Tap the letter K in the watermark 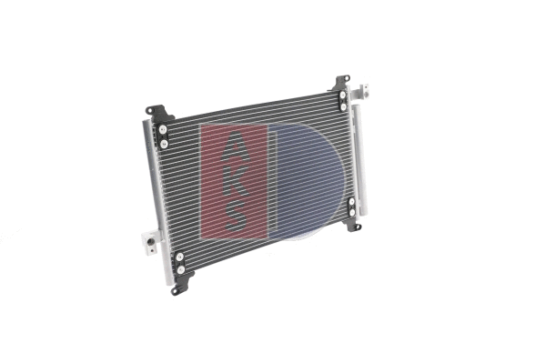(x=235, y=178)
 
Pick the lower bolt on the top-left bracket (x=165, y=142)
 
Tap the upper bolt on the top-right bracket (x=342, y=95)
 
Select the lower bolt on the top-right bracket (x=343, y=106)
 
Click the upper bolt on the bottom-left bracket (x=179, y=257)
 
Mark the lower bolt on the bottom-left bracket (x=180, y=269)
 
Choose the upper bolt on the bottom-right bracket (x=350, y=203)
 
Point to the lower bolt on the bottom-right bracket (x=352, y=214)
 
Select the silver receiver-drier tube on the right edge (x=359, y=159)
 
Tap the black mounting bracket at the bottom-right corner (x=351, y=210)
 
